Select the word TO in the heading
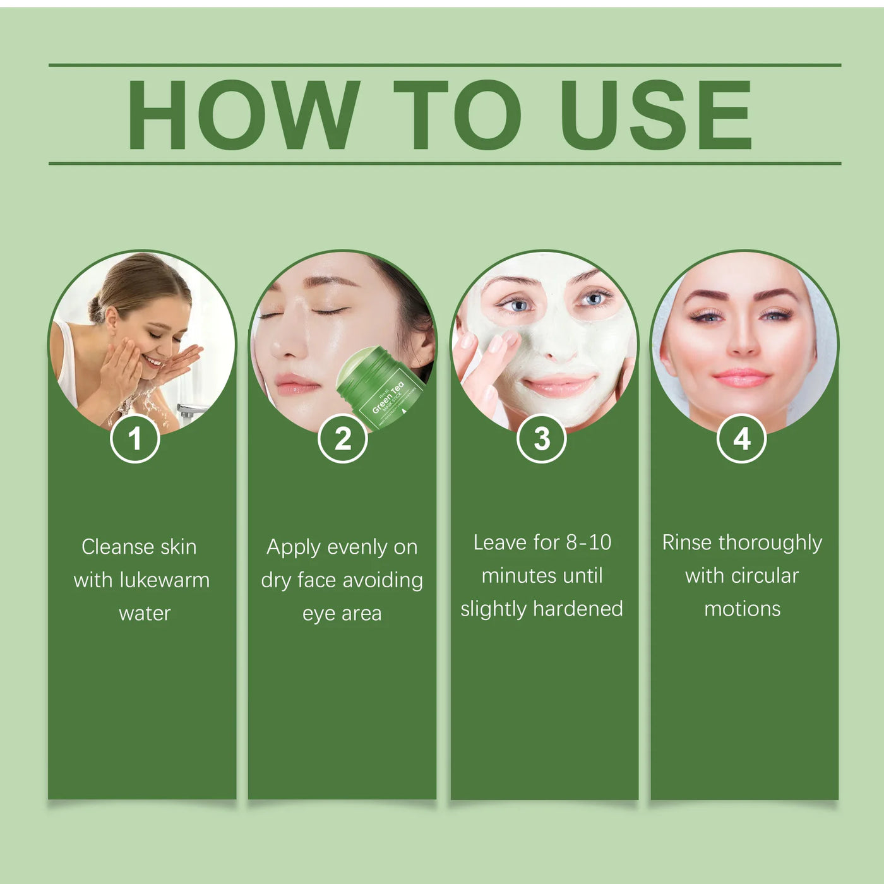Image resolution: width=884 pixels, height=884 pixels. click(x=457, y=115)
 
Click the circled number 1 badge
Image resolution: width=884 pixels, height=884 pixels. click(x=134, y=439)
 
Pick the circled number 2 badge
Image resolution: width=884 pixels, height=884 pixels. click(x=342, y=439)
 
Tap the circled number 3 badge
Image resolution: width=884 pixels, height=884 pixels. click(x=542, y=439)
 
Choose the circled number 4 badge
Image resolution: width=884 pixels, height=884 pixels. click(x=742, y=439)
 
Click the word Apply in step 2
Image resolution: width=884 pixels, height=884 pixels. click(x=293, y=547)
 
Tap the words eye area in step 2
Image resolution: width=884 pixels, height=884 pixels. click(x=342, y=613)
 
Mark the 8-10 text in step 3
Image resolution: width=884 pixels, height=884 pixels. click(x=588, y=542)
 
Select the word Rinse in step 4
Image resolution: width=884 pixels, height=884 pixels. click(x=687, y=542)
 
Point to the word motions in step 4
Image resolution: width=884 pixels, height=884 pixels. click(x=743, y=609)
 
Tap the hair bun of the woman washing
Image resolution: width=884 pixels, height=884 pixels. click(x=97, y=309)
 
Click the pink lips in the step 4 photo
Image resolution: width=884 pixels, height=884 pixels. click(x=741, y=378)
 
